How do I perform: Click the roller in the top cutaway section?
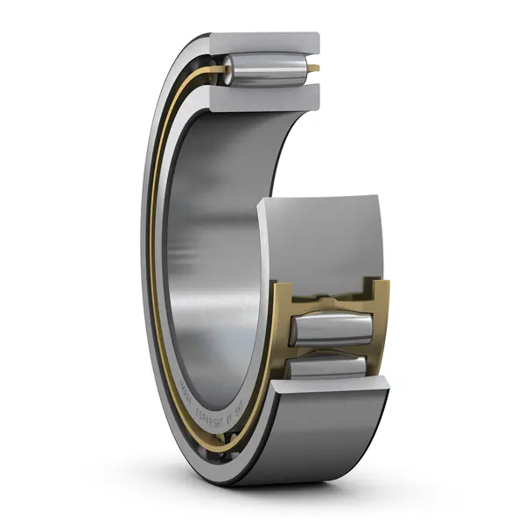click(262, 67)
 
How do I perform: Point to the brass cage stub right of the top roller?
click(314, 67)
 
